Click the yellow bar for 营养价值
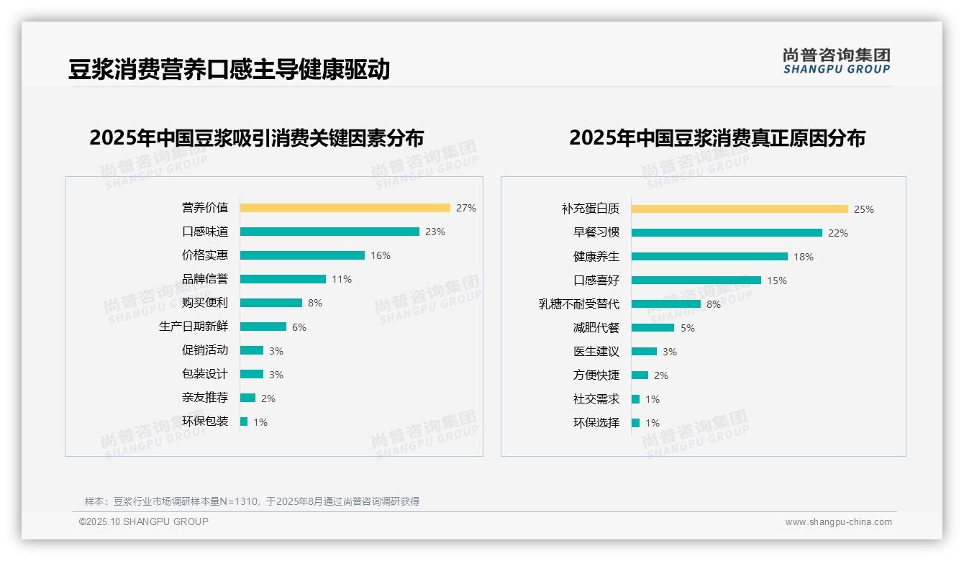pyautogui.click(x=345, y=208)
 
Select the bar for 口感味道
pyautogui.click(x=329, y=232)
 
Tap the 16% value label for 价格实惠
pyautogui.click(x=381, y=255)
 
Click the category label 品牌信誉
pyautogui.click(x=205, y=279)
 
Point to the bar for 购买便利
pyautogui.click(x=271, y=303)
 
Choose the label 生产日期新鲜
pyautogui.click(x=194, y=327)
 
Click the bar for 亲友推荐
pyautogui.click(x=248, y=398)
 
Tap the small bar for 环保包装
pyautogui.click(x=244, y=421)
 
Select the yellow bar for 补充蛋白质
pyautogui.click(x=740, y=209)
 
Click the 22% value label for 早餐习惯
pyautogui.click(x=838, y=233)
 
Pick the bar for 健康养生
pyautogui.click(x=709, y=257)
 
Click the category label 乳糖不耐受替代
pyautogui.click(x=579, y=304)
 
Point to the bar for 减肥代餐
pyautogui.click(x=652, y=328)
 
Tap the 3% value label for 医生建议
pyautogui.click(x=670, y=352)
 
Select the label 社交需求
pyautogui.click(x=596, y=399)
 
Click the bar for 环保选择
pyautogui.click(x=636, y=423)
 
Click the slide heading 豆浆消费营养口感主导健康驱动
pyautogui.click(x=229, y=69)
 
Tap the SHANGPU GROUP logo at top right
pyautogui.click(x=837, y=61)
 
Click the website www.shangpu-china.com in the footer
pyautogui.click(x=838, y=522)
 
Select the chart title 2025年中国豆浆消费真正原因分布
pyautogui.click(x=717, y=138)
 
